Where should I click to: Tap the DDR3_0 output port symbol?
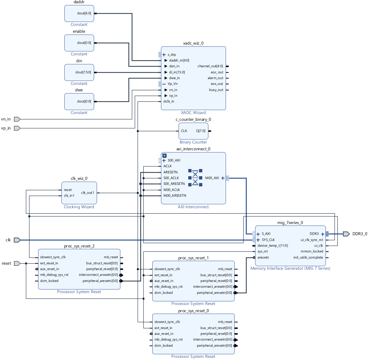(346, 234)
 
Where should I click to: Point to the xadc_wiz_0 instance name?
(193, 43)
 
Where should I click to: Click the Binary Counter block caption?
(193, 142)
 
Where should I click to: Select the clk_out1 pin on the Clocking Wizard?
(87, 192)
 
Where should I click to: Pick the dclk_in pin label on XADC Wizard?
(169, 101)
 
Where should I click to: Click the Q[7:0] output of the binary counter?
(201, 131)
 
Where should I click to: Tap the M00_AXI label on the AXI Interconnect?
(212, 178)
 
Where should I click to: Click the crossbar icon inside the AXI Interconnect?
(195, 178)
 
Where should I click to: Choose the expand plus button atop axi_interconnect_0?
(164, 156)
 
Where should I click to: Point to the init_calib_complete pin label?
(308, 257)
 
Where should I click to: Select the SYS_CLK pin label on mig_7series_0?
(268, 240)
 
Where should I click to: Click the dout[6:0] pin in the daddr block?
(84, 13)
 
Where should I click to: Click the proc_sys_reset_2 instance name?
(79, 246)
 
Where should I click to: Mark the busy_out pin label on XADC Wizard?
(216, 90)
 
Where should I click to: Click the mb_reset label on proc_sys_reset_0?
(225, 322)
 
